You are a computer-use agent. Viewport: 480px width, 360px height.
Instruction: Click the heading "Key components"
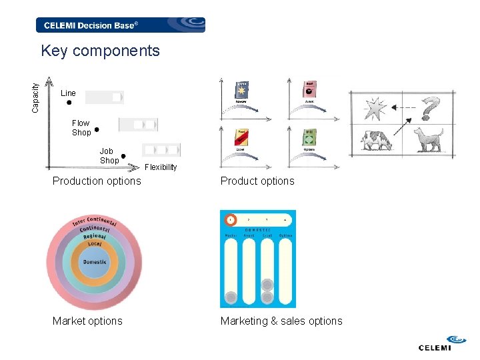tap(100, 51)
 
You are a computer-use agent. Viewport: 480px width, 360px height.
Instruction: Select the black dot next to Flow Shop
tap(97, 129)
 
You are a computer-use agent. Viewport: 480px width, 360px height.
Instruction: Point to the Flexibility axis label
tap(161, 167)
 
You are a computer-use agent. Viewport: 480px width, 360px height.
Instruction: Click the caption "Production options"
tap(97, 181)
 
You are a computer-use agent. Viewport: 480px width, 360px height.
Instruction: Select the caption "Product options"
tap(257, 181)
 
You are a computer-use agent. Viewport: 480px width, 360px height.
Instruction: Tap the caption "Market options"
tap(87, 321)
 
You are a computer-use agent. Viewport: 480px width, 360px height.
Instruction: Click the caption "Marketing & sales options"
tap(281, 321)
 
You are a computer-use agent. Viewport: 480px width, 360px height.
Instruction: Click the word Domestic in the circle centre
tap(94, 262)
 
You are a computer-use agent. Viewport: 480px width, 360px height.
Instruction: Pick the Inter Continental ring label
tap(94, 222)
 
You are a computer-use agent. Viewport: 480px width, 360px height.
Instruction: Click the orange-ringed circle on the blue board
tap(230, 219)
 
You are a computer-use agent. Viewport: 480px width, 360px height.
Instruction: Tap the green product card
tap(309, 137)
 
